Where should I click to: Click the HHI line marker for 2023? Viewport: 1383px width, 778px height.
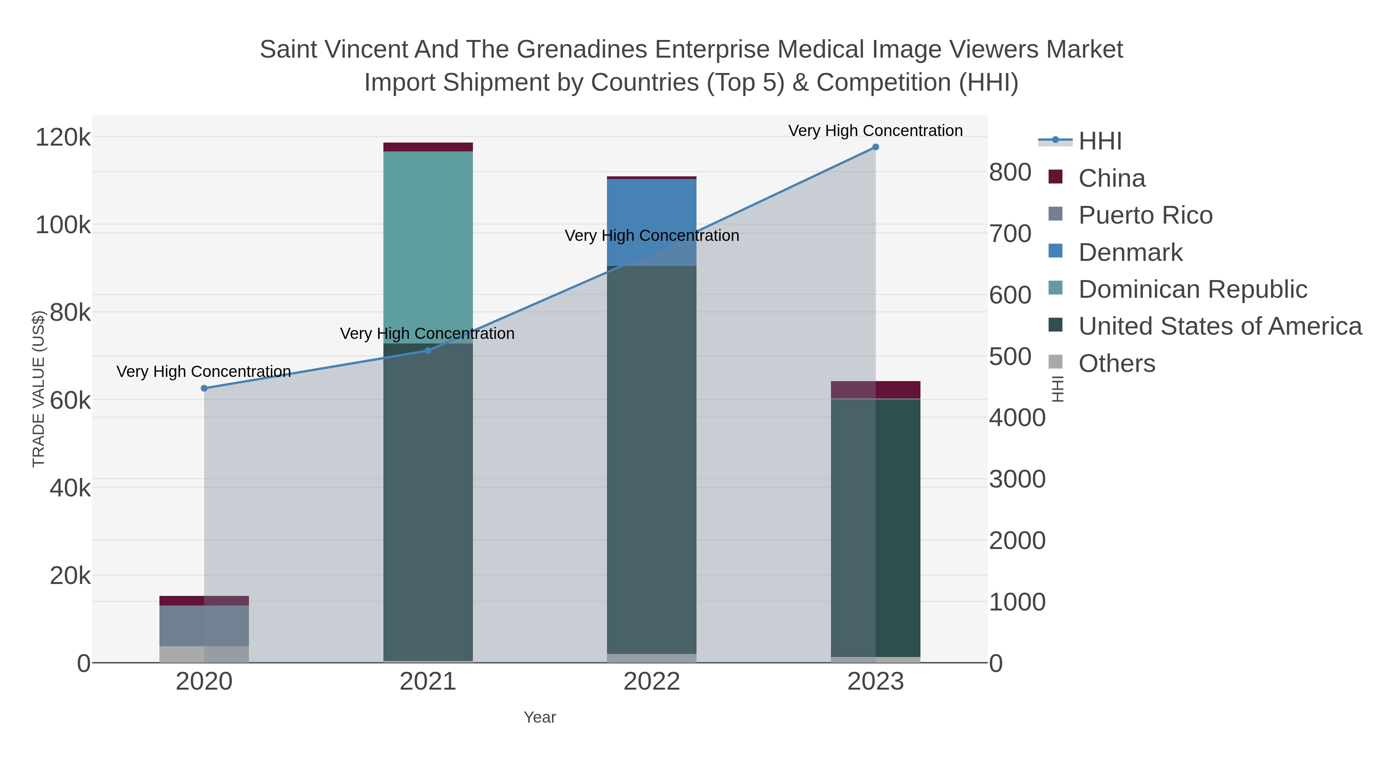coord(875,147)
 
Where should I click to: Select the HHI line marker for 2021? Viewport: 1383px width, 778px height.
coord(428,351)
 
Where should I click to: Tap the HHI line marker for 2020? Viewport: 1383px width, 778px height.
coord(204,388)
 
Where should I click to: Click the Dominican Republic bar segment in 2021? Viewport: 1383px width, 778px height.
coord(428,247)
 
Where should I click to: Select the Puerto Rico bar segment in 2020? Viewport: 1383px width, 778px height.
coord(204,625)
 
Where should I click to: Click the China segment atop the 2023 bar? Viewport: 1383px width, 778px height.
coord(875,390)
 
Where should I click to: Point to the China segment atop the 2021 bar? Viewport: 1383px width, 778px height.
coord(428,147)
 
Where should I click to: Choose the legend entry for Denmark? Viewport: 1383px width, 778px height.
coord(1130,252)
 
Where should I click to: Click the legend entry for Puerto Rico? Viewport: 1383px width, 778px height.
coord(1145,215)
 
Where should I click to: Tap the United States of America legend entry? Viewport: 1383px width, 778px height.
coord(1220,327)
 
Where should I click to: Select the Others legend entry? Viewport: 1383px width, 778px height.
coord(1117,363)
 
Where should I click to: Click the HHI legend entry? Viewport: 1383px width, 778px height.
coord(1099,141)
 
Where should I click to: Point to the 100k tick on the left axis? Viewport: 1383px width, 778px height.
coord(63,226)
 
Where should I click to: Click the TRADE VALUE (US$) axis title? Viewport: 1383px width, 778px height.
coord(39,389)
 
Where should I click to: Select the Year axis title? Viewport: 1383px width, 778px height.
coord(540,717)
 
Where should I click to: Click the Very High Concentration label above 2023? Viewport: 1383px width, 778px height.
coord(875,131)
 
